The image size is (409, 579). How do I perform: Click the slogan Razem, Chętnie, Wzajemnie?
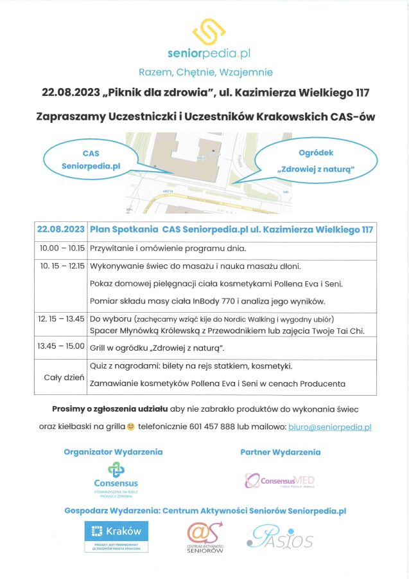[205, 72]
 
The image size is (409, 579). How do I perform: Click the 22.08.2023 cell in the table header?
[61, 228]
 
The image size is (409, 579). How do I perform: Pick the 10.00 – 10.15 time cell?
[62, 248]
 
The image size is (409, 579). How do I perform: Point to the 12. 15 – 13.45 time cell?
[62, 318]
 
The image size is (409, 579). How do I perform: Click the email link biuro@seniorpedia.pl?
[330, 427]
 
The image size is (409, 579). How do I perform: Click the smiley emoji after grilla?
[131, 427]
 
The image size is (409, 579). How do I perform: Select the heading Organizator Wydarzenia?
[113, 452]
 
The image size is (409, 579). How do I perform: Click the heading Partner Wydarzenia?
[280, 452]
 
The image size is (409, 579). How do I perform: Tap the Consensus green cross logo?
[116, 470]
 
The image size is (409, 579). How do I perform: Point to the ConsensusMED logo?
[279, 481]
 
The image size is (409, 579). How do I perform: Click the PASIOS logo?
[281, 537]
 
